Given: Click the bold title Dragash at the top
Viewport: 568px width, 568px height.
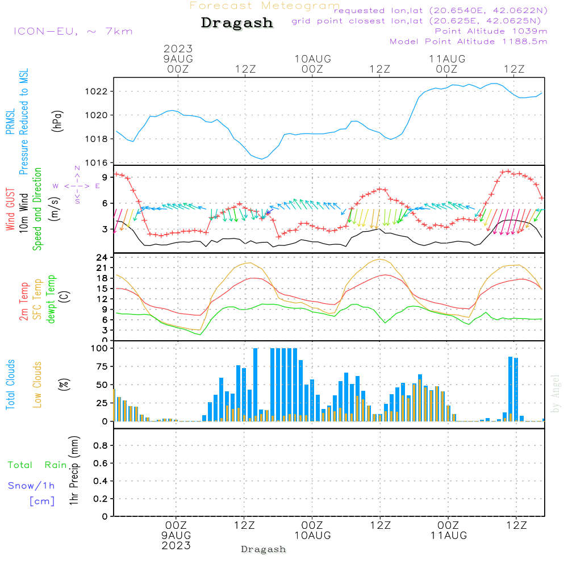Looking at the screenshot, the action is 237,23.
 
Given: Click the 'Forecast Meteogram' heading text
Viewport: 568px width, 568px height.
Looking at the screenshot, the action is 265,6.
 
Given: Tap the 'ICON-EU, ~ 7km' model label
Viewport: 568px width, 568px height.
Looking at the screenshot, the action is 73,31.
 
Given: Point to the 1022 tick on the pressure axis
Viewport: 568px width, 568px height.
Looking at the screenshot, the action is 97,91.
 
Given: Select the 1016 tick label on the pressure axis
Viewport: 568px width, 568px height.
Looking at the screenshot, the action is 97,162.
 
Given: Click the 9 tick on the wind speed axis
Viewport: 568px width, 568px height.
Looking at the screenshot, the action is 105,177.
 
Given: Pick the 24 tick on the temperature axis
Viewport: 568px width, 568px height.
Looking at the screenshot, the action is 102,257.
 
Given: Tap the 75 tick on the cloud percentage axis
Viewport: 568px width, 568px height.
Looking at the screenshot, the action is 102,366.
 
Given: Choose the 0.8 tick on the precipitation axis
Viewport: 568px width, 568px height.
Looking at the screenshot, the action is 101,445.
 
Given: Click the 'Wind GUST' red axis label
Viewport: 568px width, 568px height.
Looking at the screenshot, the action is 10,210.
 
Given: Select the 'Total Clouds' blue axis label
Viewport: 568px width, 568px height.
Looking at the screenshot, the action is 10,385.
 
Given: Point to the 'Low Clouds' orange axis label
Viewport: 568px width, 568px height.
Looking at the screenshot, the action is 37,385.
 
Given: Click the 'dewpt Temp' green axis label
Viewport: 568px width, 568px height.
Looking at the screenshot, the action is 51,299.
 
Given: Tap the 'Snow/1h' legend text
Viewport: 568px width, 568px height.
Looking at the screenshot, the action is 31,486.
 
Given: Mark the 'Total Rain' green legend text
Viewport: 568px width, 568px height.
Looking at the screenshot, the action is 37,465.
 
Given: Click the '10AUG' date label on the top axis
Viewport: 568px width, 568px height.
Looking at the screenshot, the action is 312,59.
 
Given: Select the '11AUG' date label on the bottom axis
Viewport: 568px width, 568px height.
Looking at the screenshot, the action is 449,536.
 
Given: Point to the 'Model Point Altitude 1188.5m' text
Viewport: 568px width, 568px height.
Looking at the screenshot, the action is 469,41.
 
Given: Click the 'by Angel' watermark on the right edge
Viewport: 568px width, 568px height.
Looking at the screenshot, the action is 556,394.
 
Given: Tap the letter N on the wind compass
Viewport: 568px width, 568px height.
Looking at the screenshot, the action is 77,168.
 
